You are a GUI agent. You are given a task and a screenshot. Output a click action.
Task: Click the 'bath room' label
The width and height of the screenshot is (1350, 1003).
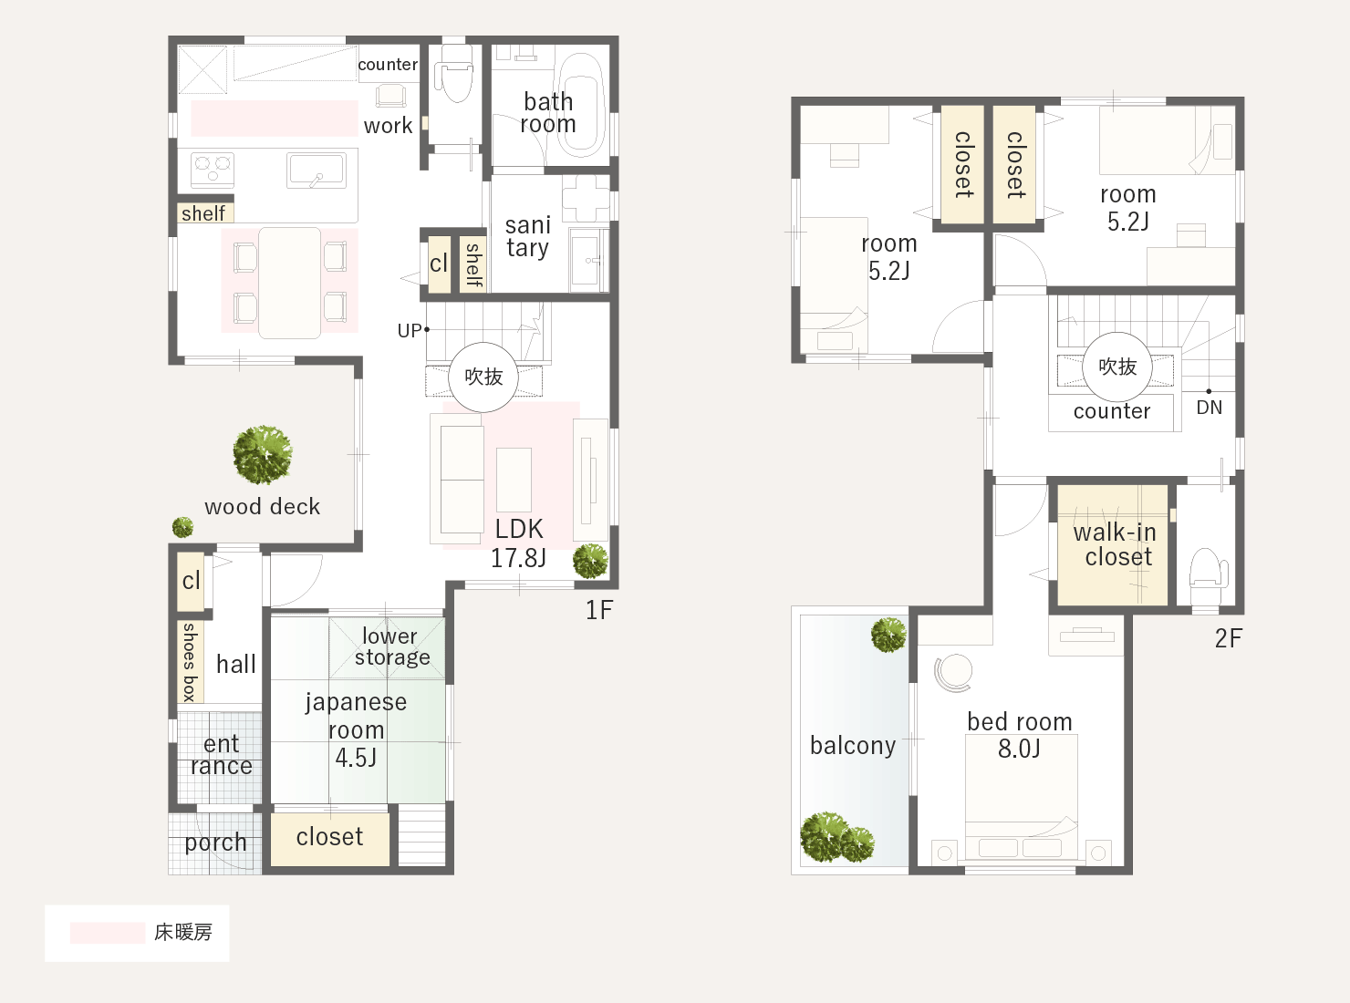coord(548,112)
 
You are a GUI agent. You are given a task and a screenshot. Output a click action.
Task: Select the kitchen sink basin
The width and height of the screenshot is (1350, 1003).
coord(316,170)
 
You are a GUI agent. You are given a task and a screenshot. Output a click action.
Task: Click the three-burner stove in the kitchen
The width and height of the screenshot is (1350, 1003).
coord(213,170)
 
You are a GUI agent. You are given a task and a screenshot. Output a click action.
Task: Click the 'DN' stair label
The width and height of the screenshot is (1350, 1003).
coord(1209,408)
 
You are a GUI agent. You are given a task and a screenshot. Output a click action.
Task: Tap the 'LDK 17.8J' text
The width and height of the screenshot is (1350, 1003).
coord(519,543)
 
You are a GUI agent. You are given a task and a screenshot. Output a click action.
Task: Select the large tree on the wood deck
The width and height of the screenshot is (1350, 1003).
coord(263,454)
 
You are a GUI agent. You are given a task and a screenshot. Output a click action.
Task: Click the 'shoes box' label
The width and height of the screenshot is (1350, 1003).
coord(190,662)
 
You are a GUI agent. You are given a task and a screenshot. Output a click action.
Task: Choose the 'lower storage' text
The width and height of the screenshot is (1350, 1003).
coord(392,646)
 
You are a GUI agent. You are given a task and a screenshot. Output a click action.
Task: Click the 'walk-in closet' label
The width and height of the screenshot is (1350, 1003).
coord(1115,544)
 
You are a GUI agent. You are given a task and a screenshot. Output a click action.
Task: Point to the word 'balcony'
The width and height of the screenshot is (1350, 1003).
coord(853,746)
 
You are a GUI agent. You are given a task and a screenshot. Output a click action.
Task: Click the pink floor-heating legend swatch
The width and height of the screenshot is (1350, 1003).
coord(108,933)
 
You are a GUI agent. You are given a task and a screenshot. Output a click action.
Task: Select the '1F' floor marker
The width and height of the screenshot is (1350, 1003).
coord(599,610)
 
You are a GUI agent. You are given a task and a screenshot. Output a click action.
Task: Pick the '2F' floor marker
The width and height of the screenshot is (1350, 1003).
coord(1229,638)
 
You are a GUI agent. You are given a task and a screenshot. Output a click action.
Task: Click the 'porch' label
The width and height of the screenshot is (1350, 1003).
coord(215,843)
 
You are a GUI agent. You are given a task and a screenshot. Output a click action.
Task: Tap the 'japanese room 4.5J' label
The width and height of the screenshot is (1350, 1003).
coord(356,729)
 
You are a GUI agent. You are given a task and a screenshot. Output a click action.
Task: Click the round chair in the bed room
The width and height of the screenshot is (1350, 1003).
coord(953,673)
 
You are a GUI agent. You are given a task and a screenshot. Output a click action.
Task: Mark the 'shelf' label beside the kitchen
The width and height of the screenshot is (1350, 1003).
coord(203,213)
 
